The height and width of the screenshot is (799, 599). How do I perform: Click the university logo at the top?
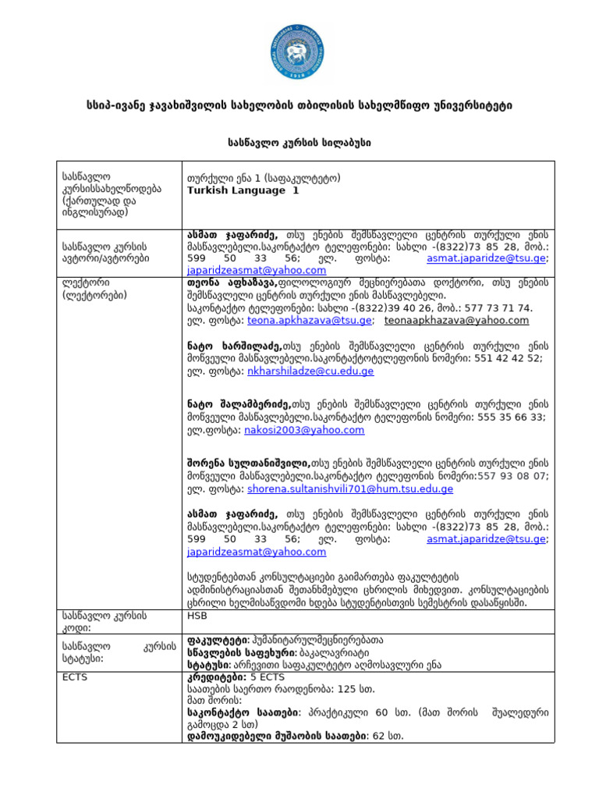[299, 53]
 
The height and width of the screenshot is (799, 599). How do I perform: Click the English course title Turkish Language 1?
[243, 190]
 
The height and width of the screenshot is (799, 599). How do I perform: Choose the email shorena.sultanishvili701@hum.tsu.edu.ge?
[350, 489]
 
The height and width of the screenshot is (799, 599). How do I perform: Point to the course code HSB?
[197, 615]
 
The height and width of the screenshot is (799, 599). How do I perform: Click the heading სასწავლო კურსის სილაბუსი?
[299, 142]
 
